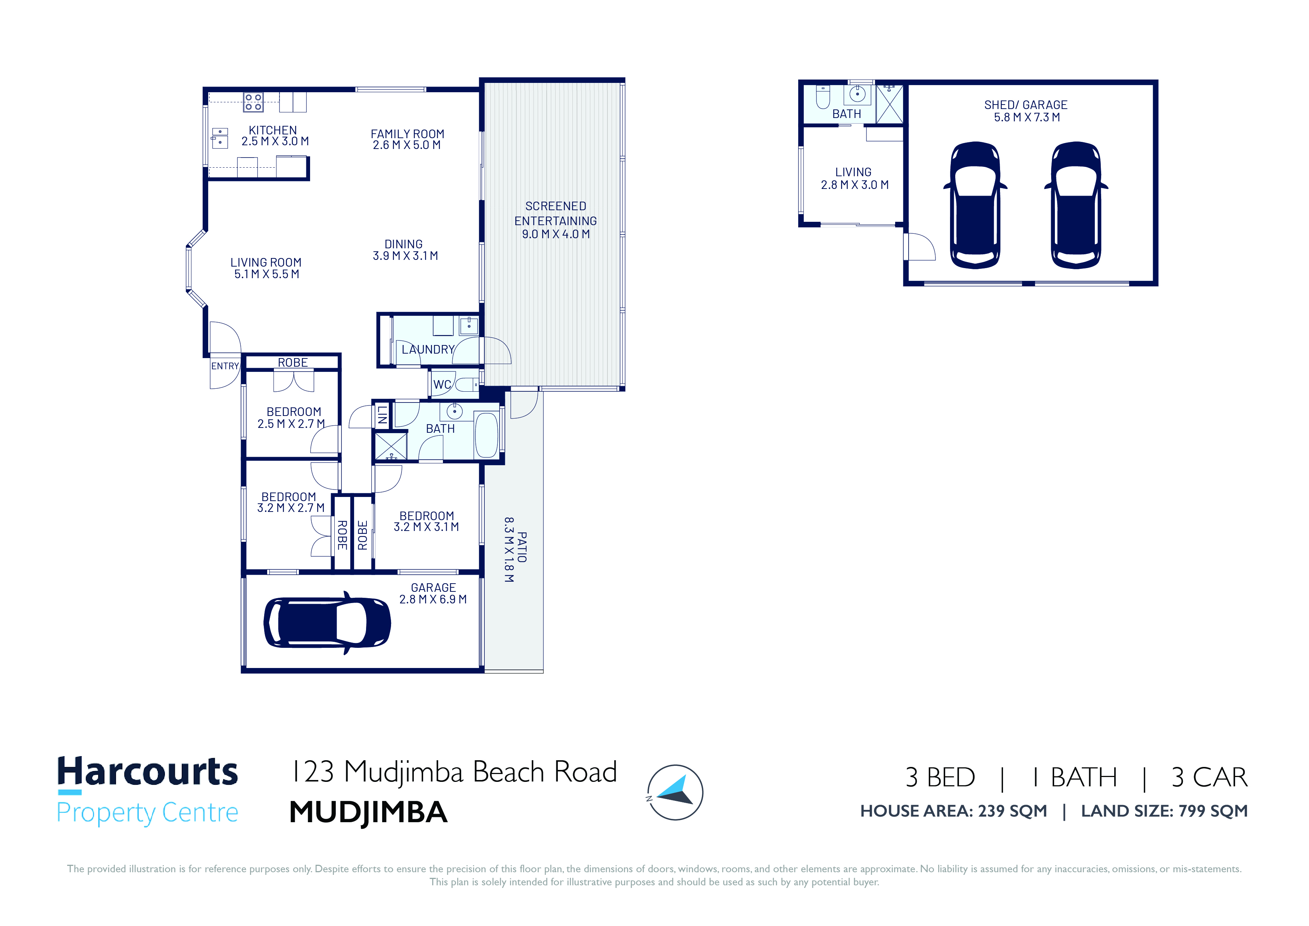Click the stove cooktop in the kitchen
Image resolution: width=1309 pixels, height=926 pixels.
[253, 102]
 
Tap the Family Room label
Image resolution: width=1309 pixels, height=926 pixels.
[407, 134]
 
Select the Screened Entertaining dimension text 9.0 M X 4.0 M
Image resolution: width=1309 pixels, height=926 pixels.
[556, 234]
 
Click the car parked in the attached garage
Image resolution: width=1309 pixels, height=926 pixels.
[327, 623]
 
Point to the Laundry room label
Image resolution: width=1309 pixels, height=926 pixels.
[428, 350]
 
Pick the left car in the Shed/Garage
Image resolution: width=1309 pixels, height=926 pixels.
[975, 205]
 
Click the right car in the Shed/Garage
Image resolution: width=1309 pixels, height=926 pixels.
[1076, 205]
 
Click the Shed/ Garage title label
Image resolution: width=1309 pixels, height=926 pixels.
[1026, 105]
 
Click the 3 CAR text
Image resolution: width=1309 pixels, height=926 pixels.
[1209, 777]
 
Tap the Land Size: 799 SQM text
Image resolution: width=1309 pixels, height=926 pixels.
[1164, 811]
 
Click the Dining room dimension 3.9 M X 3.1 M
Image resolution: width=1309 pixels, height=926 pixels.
[405, 256]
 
